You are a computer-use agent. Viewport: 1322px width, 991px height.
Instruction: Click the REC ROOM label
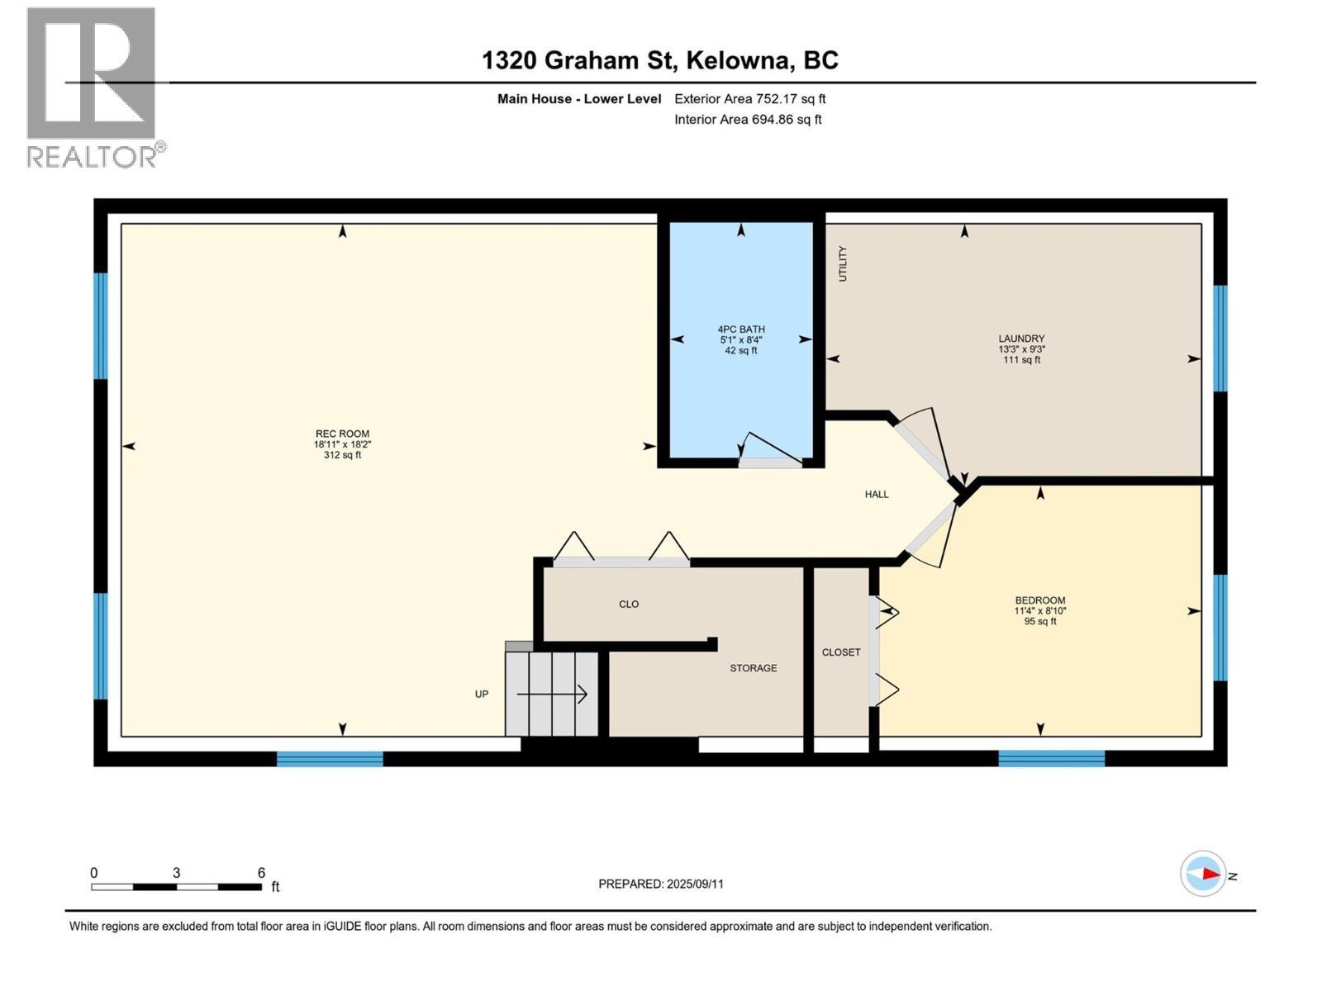(x=342, y=434)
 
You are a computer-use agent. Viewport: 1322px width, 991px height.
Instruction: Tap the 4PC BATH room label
(x=741, y=330)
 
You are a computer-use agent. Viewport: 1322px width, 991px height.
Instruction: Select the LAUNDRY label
(x=1021, y=339)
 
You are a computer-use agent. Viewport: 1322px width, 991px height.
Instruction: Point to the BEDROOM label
(x=1040, y=600)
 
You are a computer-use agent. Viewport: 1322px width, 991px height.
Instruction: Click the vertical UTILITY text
(x=843, y=264)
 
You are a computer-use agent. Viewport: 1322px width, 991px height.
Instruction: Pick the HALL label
(x=877, y=495)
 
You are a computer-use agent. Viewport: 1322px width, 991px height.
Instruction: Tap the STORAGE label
(x=753, y=668)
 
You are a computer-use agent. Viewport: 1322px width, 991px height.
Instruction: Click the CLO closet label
(x=629, y=605)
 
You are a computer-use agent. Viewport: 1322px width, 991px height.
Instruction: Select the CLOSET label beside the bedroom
(x=841, y=652)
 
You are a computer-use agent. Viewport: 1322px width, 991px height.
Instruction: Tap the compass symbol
(x=1203, y=874)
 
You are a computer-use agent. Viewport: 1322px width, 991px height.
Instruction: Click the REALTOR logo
(x=93, y=88)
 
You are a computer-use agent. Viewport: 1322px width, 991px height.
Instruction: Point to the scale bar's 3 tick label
(x=177, y=873)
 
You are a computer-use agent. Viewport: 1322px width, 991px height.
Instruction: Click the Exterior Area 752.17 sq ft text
(x=749, y=99)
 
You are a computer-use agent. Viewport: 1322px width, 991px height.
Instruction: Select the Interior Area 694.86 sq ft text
(x=748, y=120)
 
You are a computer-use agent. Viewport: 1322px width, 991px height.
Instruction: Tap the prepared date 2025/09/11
(x=695, y=884)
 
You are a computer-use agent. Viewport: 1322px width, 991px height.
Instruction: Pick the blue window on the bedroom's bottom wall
(x=1051, y=758)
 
